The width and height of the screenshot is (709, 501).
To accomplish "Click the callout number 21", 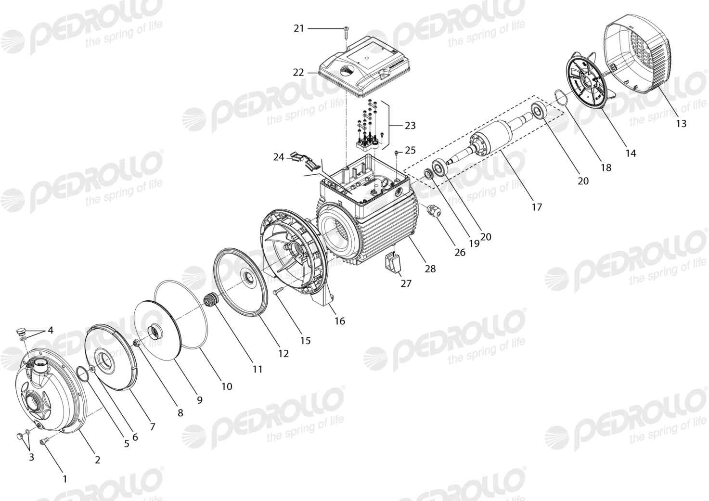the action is pos(299,28).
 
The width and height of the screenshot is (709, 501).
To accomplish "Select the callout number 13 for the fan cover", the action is pos(681,123).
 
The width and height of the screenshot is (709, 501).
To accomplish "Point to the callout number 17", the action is pos(537,207).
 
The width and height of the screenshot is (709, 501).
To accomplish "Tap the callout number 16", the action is pos(340,321).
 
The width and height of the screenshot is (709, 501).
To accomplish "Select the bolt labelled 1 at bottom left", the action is pos(44,441).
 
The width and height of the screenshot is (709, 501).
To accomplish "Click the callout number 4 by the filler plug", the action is pos(51,331).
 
